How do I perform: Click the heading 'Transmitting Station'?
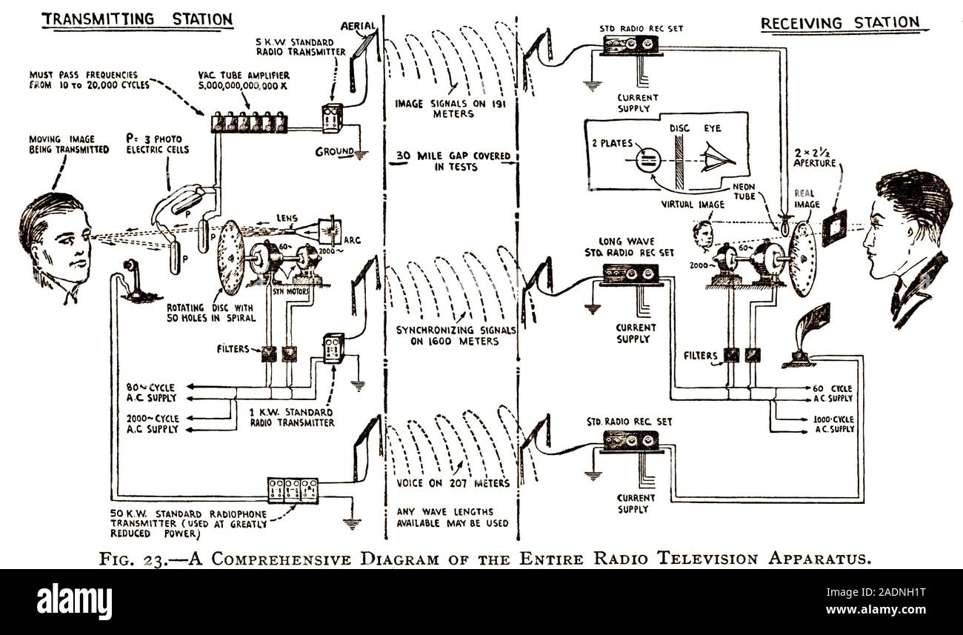(137, 19)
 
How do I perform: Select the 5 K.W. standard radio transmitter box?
(329, 118)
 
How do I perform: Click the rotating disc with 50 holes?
(232, 257)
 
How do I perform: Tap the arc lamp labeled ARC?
(331, 232)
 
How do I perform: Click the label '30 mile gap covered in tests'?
(450, 162)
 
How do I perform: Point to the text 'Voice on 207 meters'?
(452, 483)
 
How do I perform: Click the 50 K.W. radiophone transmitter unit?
(293, 491)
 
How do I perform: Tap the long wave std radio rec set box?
(631, 274)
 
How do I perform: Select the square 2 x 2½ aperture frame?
(834, 222)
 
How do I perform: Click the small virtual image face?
(702, 236)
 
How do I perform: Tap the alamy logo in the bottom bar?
(74, 599)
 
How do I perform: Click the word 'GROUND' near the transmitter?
(334, 152)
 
